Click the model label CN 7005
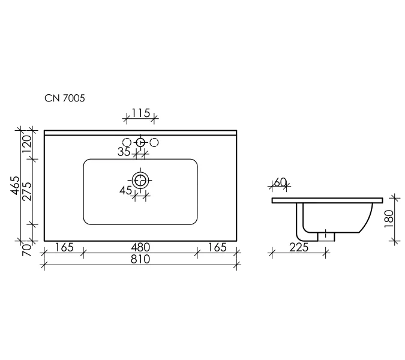coord(65,98)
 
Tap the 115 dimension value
coord(141,113)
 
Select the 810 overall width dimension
coord(140,259)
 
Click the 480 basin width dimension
coord(140,247)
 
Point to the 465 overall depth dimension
coord(15,185)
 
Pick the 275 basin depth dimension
coord(27,191)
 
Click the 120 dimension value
coord(27,144)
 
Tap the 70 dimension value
coord(27,250)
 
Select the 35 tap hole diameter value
coord(124,152)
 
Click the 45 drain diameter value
coord(126,191)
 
